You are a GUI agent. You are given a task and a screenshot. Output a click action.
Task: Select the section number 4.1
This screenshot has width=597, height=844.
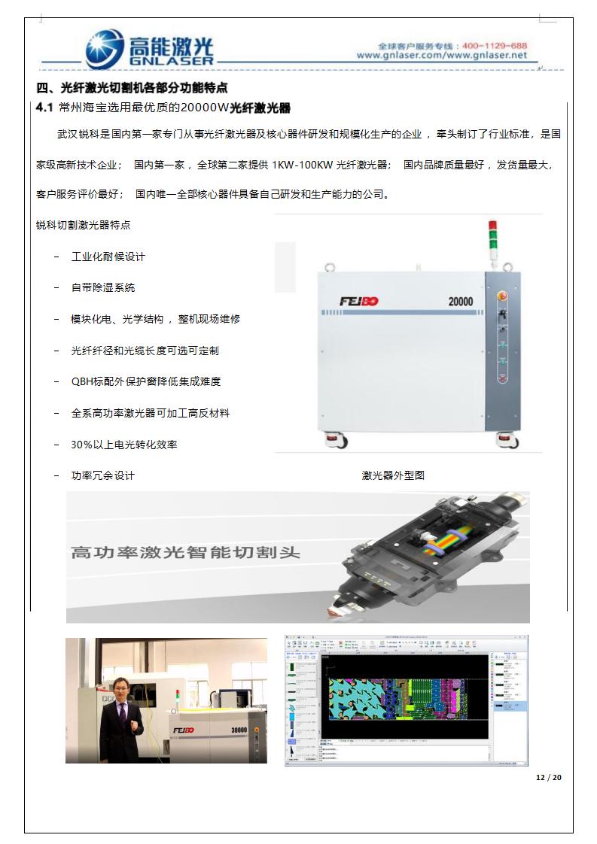coord(44,108)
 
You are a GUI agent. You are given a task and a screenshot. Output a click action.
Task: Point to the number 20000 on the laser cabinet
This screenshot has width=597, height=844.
coord(461,302)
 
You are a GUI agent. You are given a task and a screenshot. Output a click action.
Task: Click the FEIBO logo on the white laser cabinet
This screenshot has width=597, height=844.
coord(359,302)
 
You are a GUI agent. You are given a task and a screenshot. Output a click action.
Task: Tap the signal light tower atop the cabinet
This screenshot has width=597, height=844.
coord(494,239)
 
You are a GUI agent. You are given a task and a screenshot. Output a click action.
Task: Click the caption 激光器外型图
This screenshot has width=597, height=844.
coord(393,475)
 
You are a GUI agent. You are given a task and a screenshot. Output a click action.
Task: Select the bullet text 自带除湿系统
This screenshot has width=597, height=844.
coord(103,287)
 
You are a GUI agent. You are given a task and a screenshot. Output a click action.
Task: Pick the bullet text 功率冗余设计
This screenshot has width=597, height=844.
coord(103,475)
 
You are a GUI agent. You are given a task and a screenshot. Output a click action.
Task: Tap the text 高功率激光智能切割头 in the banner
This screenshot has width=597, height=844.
coord(185,553)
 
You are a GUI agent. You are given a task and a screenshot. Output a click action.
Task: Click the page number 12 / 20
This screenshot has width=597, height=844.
coord(548,777)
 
